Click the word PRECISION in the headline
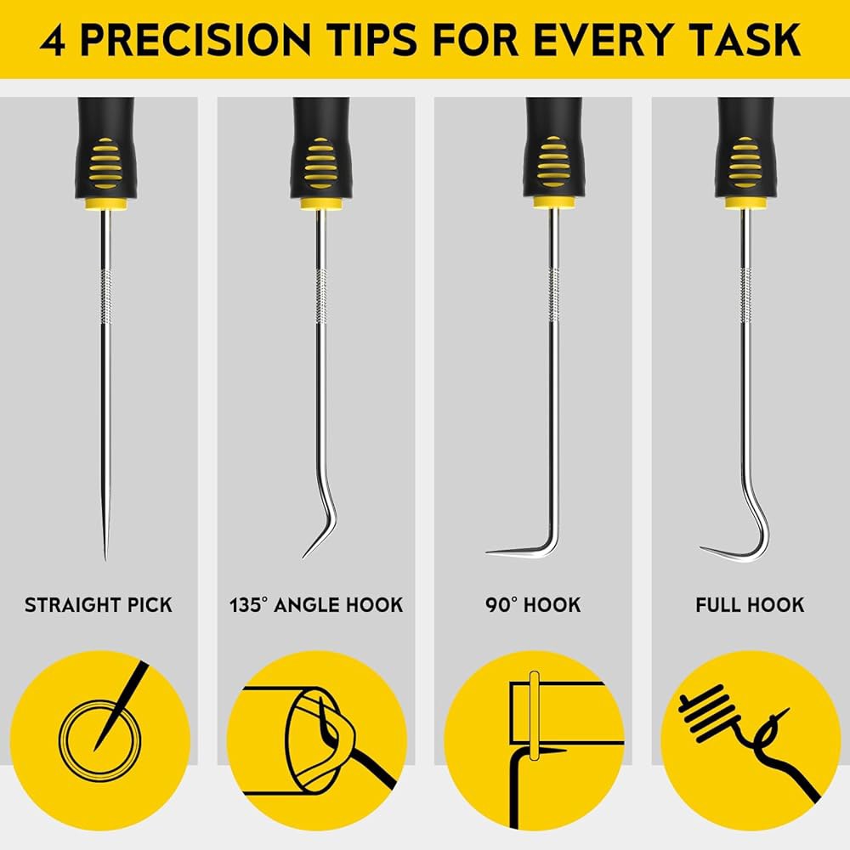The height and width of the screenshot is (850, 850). [195, 40]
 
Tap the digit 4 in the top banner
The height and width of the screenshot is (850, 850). [53, 40]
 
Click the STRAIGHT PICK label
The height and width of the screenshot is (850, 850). [98, 605]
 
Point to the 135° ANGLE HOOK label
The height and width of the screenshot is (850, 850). [316, 605]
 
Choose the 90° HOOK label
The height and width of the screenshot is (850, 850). [533, 605]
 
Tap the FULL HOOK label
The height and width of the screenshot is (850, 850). [750, 605]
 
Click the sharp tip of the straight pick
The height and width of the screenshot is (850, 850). [105, 558]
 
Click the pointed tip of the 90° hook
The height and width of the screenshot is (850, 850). [487, 552]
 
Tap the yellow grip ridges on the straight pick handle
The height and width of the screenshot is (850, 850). [105, 162]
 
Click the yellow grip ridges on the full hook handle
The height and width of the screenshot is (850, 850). [745, 162]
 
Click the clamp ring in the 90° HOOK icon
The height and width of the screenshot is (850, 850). [534, 716]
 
